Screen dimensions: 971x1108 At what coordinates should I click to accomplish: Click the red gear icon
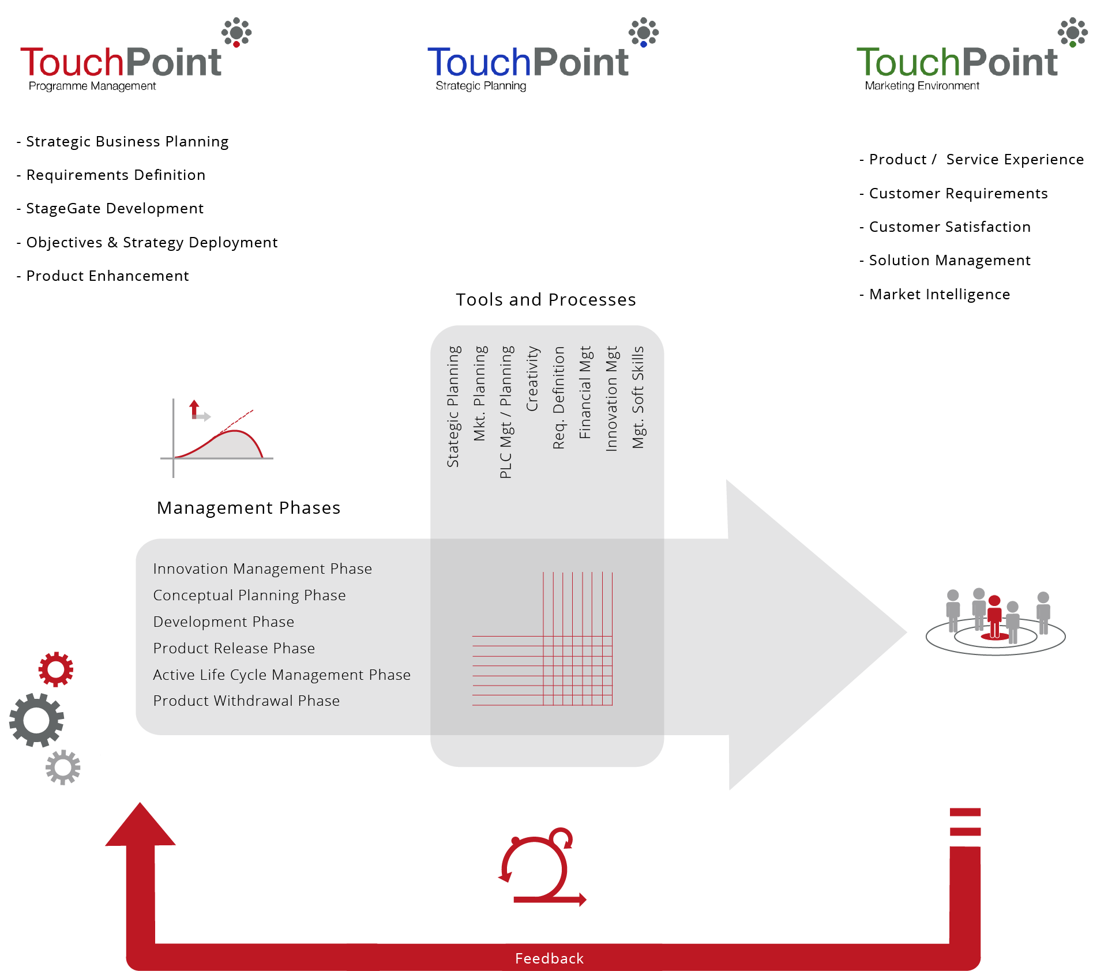pyautogui.click(x=56, y=669)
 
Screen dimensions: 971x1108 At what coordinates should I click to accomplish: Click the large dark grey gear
pyautogui.click(x=36, y=720)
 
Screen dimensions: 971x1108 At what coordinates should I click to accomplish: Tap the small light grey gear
pyautogui.click(x=63, y=767)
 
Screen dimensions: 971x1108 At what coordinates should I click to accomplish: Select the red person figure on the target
pyautogui.click(x=994, y=617)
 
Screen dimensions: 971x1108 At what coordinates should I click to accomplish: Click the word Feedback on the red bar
pyautogui.click(x=549, y=958)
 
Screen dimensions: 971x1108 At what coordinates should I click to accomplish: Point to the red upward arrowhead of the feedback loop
pyautogui.click(x=140, y=825)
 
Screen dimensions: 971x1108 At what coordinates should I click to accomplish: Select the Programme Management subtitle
pyautogui.click(x=92, y=86)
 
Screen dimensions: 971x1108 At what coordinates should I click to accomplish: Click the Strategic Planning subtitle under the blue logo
pyautogui.click(x=480, y=86)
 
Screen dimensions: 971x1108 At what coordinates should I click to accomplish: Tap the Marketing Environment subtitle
pyautogui.click(x=922, y=86)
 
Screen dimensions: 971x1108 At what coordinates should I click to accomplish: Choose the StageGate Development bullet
pyautogui.click(x=114, y=208)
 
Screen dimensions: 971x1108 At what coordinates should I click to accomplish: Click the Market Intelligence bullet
pyautogui.click(x=939, y=294)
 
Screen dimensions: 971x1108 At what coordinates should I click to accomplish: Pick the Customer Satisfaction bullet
pyautogui.click(x=949, y=227)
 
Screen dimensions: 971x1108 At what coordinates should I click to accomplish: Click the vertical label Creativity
pyautogui.click(x=532, y=378)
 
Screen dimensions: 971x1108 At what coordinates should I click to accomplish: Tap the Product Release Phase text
pyautogui.click(x=234, y=648)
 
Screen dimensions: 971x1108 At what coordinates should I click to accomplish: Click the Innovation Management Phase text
pyautogui.click(x=262, y=569)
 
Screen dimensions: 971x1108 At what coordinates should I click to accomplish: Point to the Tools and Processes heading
pyautogui.click(x=546, y=299)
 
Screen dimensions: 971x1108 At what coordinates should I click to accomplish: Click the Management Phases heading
pyautogui.click(x=248, y=507)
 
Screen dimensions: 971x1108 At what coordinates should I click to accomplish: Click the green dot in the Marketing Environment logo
pyautogui.click(x=1072, y=44)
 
